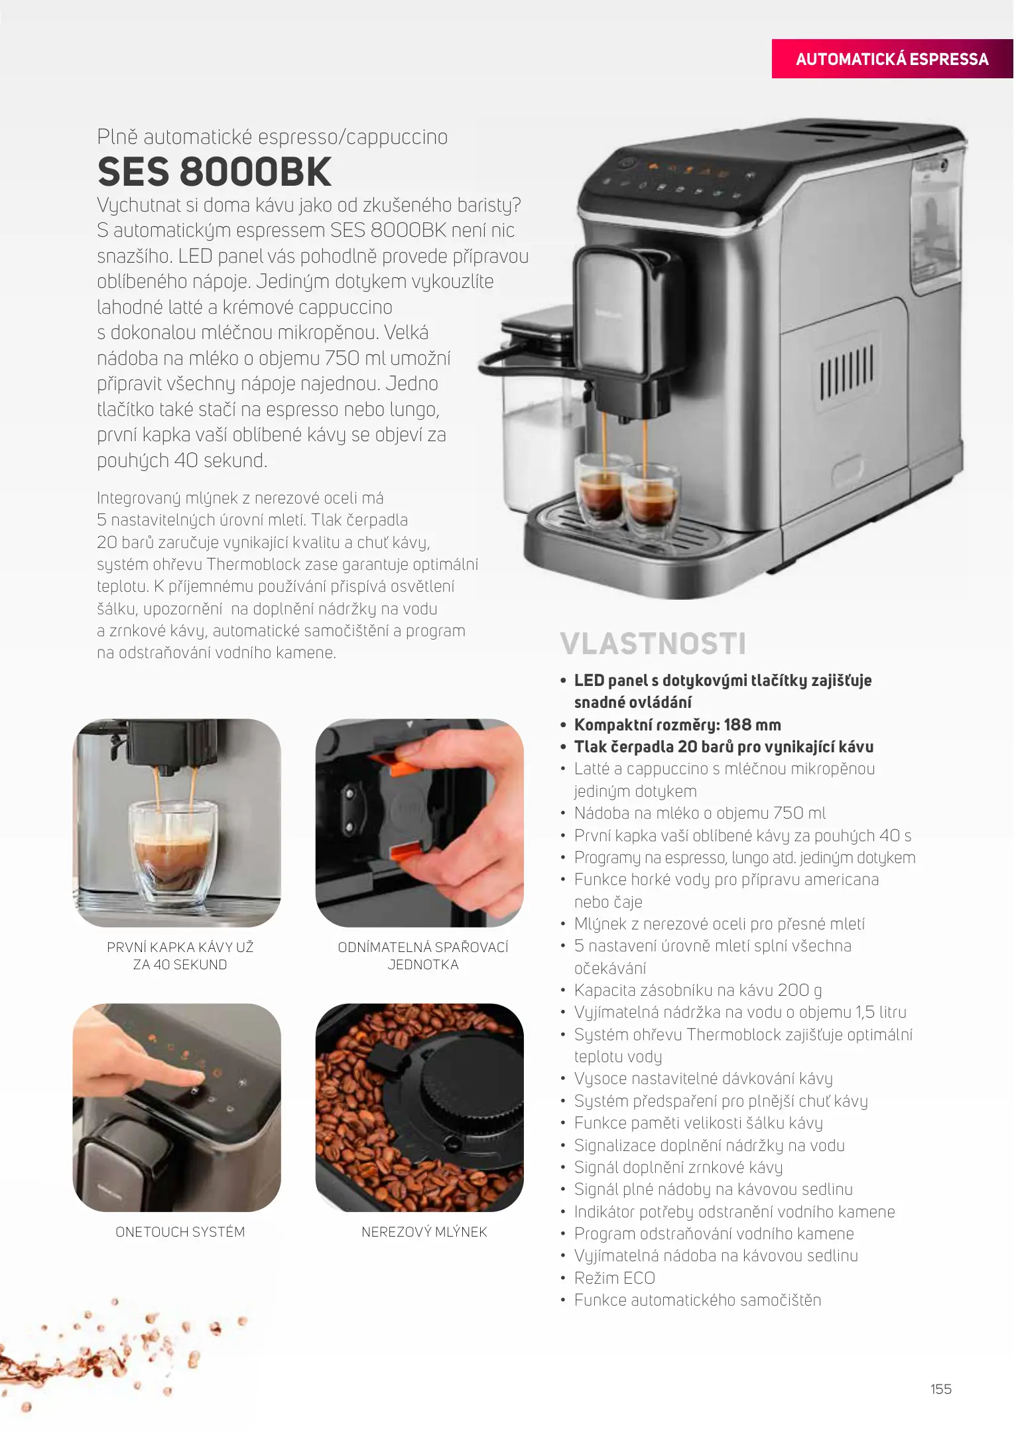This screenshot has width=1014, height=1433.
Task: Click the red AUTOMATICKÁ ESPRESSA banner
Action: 892,59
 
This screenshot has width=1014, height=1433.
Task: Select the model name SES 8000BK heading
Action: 214,172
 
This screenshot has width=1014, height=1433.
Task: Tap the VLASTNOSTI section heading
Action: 653,644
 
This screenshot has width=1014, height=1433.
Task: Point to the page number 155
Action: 940,1389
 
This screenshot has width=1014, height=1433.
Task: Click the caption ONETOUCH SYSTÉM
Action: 180,1232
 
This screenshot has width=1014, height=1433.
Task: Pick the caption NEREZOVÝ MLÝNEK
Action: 424,1232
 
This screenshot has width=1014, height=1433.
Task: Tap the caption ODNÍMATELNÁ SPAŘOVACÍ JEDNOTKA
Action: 423,956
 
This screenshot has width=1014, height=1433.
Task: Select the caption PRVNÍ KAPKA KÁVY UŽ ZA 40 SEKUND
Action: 180,956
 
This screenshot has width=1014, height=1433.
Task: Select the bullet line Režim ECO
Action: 615,1278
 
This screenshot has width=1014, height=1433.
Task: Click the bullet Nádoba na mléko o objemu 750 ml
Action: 700,813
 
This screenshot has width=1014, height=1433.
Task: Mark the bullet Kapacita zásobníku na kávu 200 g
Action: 698,990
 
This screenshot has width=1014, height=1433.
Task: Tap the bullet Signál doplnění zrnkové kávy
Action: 678,1168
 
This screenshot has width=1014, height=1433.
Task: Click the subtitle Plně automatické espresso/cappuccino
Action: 273,137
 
